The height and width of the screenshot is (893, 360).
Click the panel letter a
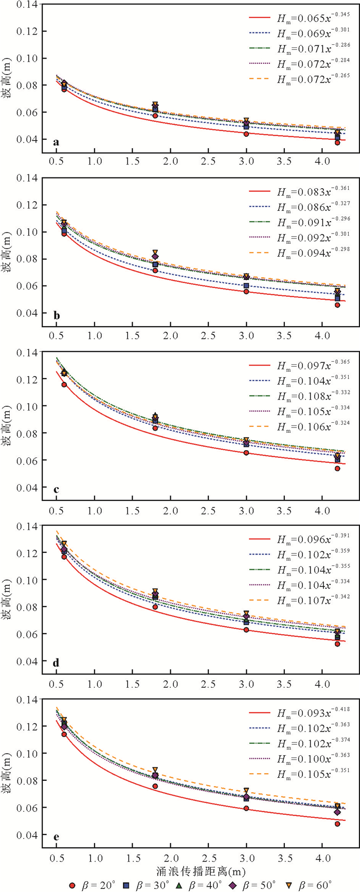56,142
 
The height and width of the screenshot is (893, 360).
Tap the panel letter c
56,489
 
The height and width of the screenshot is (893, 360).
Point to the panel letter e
56,837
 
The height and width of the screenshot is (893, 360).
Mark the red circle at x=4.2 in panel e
337,824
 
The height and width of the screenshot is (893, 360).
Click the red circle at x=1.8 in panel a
155,116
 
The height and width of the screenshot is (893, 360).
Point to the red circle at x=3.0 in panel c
246,453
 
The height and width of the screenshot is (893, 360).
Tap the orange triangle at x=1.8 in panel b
155,253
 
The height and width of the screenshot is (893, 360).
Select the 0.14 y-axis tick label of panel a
29,5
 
